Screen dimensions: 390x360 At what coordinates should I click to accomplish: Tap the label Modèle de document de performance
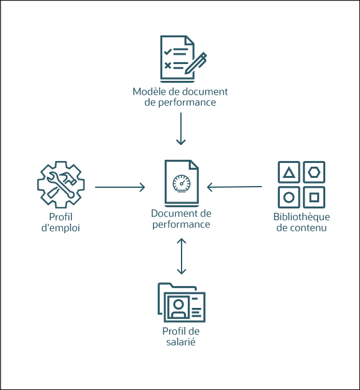point(180,97)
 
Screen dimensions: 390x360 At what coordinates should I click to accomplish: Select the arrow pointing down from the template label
point(180,129)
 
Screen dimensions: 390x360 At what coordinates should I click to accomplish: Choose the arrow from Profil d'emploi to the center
point(120,187)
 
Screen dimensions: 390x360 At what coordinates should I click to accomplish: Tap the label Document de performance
point(181,219)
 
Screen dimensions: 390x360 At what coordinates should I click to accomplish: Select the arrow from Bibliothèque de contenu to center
point(234,186)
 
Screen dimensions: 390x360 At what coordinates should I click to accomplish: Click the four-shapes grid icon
point(302,185)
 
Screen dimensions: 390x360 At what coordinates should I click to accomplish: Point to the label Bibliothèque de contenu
point(302,222)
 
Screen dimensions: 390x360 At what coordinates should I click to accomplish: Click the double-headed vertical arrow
point(181,255)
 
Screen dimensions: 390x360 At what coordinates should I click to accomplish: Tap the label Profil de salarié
point(180,337)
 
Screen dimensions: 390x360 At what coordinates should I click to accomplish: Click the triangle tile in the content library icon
point(289,172)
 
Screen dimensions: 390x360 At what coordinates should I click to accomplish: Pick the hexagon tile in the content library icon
point(314,172)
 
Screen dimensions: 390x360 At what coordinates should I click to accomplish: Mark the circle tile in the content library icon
point(289,198)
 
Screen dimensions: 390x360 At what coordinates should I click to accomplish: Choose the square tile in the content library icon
point(314,198)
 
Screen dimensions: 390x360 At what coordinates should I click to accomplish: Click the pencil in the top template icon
point(198,63)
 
